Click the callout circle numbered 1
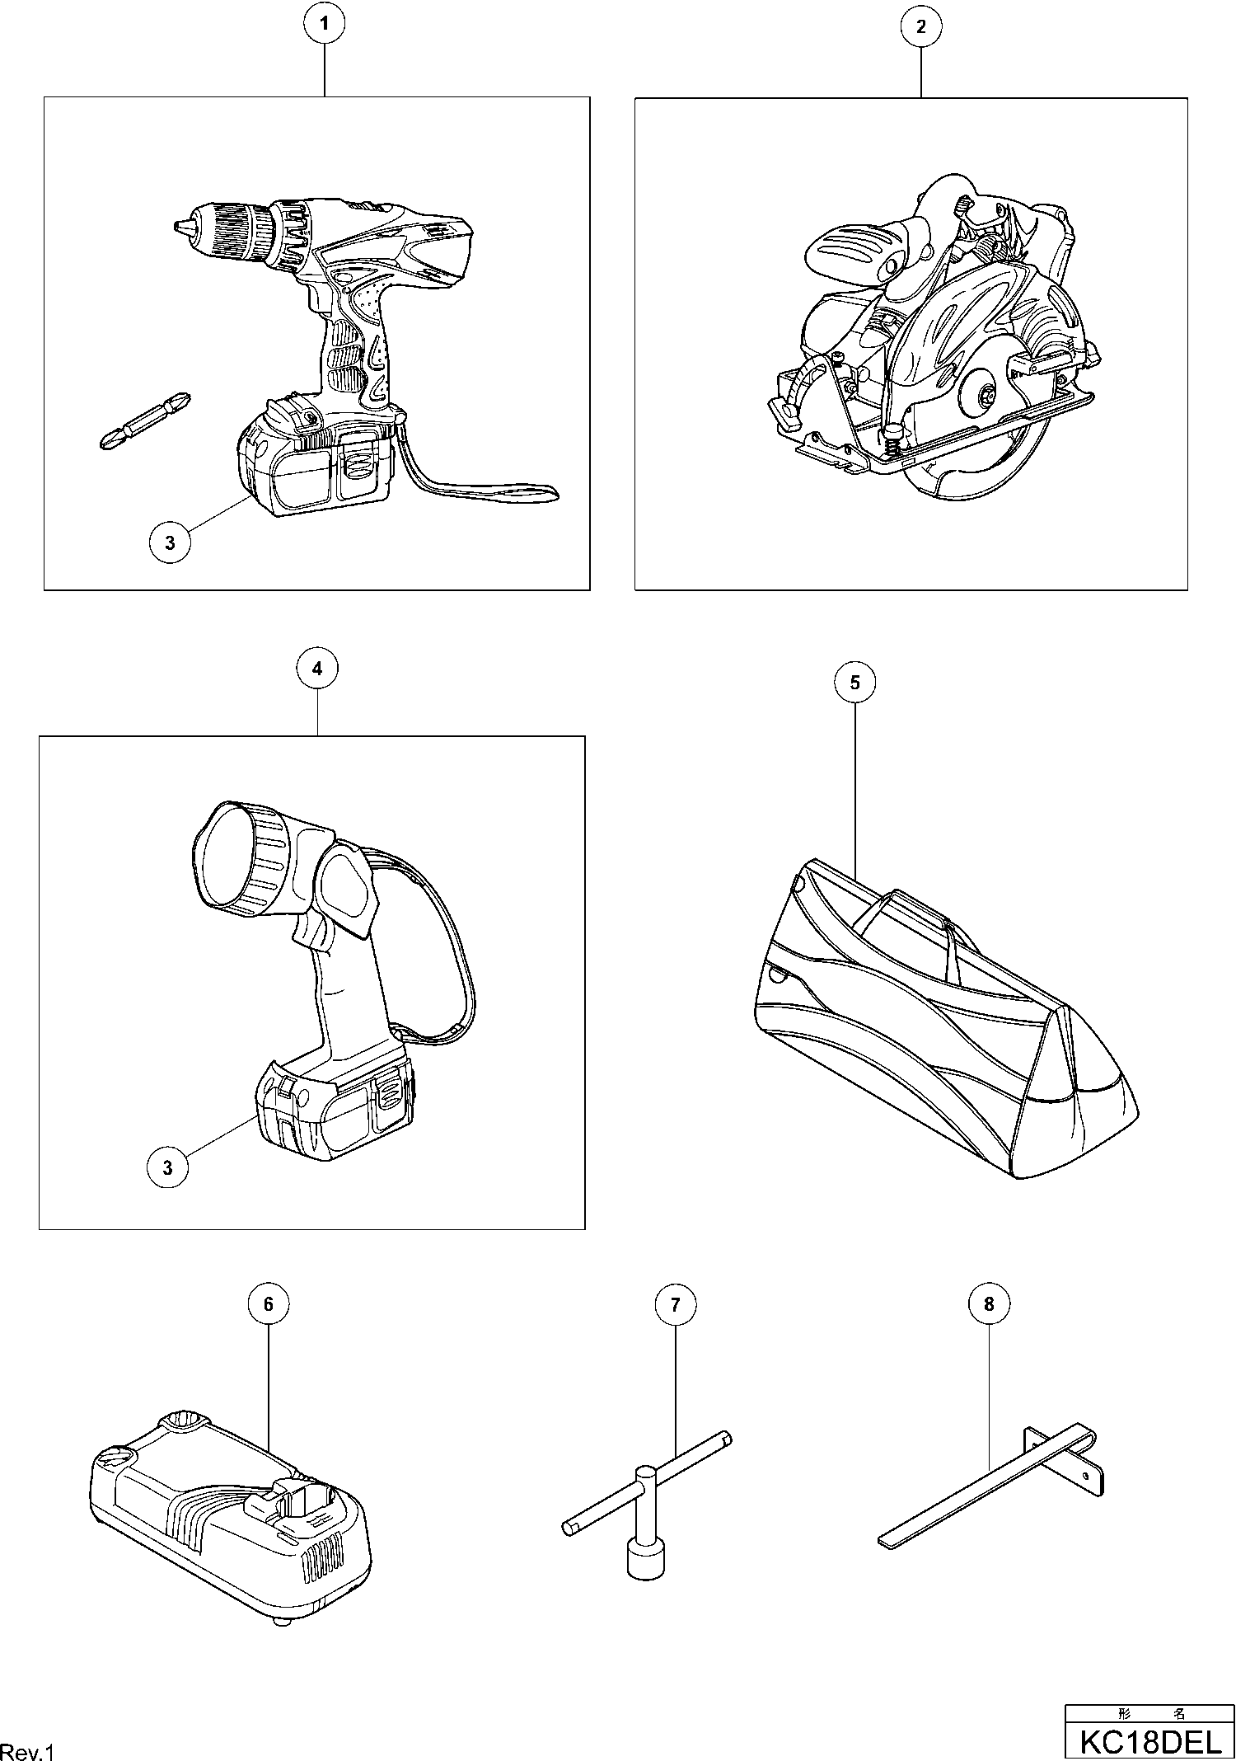tap(325, 25)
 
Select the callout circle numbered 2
tap(920, 26)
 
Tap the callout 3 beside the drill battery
tap(170, 543)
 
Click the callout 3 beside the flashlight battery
tap(168, 1167)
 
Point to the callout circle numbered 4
tap(317, 669)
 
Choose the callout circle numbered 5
tap(854, 683)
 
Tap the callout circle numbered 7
tap(675, 1305)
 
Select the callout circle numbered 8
tap(989, 1303)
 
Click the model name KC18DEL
tap(1150, 1741)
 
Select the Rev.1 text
tap(26, 1751)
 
